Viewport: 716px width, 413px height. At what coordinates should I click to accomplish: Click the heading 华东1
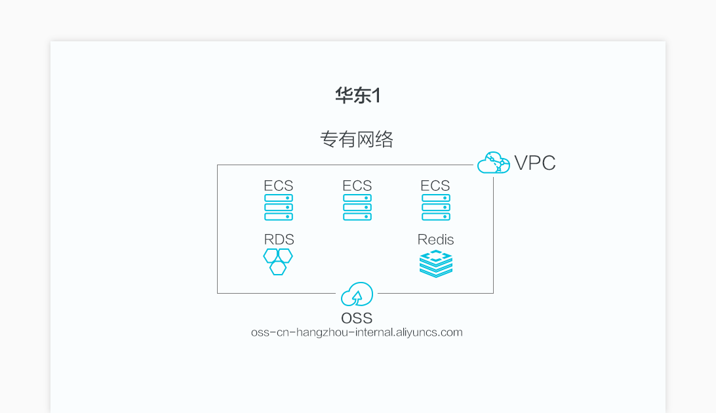click(x=357, y=96)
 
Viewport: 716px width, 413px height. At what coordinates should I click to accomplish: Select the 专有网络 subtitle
click(x=357, y=139)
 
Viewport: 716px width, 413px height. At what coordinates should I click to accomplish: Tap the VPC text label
click(x=535, y=163)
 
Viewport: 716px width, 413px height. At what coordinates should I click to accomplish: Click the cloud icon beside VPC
click(x=493, y=163)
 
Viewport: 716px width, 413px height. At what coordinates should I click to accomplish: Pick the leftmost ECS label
click(x=279, y=186)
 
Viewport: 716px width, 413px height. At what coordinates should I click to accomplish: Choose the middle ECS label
click(x=357, y=186)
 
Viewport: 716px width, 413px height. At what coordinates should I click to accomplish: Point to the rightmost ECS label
click(x=435, y=186)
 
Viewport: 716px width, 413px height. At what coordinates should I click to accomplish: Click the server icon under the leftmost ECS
click(x=279, y=207)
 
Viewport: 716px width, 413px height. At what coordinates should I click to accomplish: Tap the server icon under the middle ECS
click(x=357, y=207)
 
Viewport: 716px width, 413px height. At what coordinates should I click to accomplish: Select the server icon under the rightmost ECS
click(x=435, y=207)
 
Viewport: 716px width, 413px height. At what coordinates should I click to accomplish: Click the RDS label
click(x=279, y=239)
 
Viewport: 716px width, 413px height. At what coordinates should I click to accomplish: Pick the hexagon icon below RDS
click(x=278, y=262)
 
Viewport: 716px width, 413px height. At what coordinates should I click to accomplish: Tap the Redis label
click(x=435, y=239)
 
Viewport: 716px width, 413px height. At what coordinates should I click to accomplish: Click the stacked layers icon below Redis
click(x=436, y=264)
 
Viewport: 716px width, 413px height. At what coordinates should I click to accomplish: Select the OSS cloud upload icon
click(x=357, y=294)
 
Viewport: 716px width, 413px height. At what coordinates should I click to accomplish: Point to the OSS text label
click(x=357, y=319)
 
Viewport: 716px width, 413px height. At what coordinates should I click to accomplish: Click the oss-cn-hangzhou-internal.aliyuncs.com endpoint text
click(x=357, y=332)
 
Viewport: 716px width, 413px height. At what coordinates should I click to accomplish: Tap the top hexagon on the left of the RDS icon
click(x=271, y=256)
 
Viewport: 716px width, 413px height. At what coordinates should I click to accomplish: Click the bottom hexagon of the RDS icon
click(x=278, y=268)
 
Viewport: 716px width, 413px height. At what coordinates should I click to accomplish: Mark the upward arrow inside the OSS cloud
click(x=357, y=298)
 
